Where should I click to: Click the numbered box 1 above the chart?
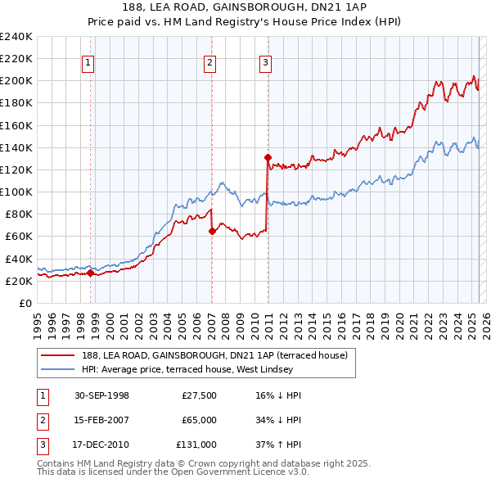88,61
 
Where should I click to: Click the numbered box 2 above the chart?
209,61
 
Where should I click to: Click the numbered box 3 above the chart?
266,61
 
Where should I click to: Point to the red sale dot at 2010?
268,157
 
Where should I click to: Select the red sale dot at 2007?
212,231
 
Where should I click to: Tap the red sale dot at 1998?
91,273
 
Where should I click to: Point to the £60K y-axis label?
19,237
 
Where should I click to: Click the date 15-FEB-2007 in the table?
101,420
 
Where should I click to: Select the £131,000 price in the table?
196,445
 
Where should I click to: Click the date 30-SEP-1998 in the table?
101,395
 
